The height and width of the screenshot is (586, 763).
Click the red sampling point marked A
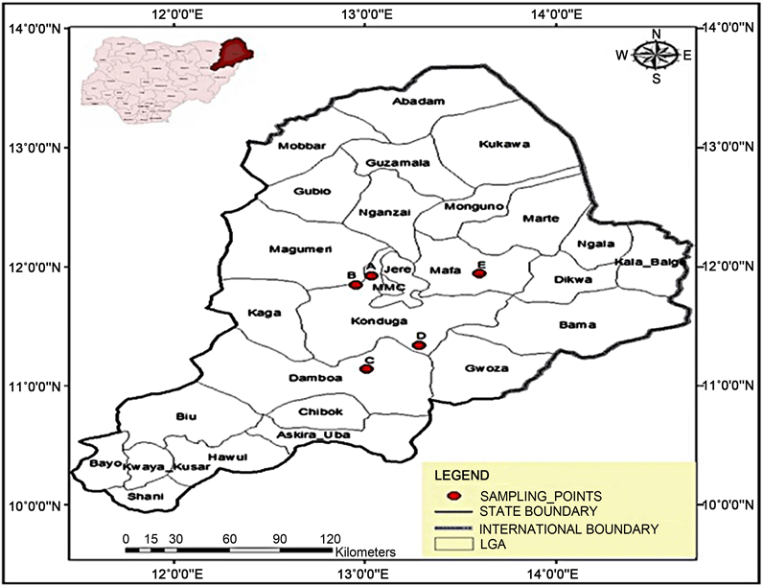371,276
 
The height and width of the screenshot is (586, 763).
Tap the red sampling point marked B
356,285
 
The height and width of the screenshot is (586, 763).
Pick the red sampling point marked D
419,345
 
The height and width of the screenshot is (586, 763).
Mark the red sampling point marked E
480,273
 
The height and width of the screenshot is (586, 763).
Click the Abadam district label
420,102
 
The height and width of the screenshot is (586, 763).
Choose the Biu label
186,416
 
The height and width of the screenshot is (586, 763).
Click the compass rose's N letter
657,35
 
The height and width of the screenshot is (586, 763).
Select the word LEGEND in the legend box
463,475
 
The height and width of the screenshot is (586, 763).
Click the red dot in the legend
456,495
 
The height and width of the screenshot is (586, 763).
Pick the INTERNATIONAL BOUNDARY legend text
567,528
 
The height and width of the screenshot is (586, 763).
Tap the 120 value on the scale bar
330,538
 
